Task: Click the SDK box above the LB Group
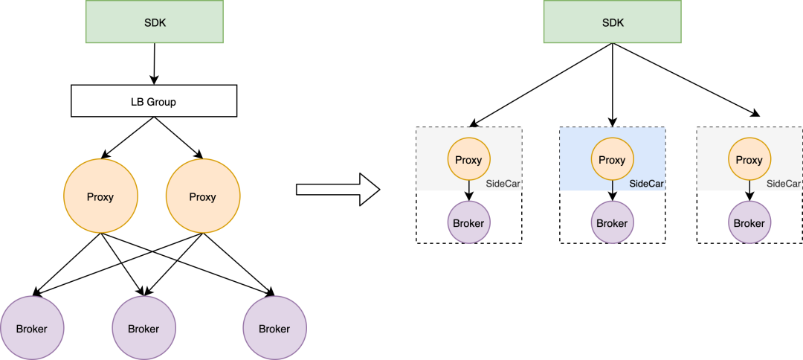coord(155,22)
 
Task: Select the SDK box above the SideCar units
coord(613,22)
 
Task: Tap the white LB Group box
coord(153,101)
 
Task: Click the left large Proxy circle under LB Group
coord(100,197)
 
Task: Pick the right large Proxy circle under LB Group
coord(202,197)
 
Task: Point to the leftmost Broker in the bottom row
coord(32,328)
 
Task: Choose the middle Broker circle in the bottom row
coord(143,328)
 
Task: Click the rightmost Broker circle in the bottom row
coord(274,328)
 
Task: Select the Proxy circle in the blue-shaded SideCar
coord(612,160)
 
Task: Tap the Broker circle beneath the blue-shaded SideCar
coord(612,223)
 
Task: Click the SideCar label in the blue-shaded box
coord(646,184)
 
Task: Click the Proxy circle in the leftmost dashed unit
coord(468,160)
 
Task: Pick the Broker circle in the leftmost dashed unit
coord(468,223)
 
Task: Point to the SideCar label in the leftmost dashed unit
coord(503,184)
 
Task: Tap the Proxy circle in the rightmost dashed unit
coord(749,160)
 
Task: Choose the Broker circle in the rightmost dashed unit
coord(749,223)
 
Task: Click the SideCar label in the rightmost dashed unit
coord(783,184)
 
